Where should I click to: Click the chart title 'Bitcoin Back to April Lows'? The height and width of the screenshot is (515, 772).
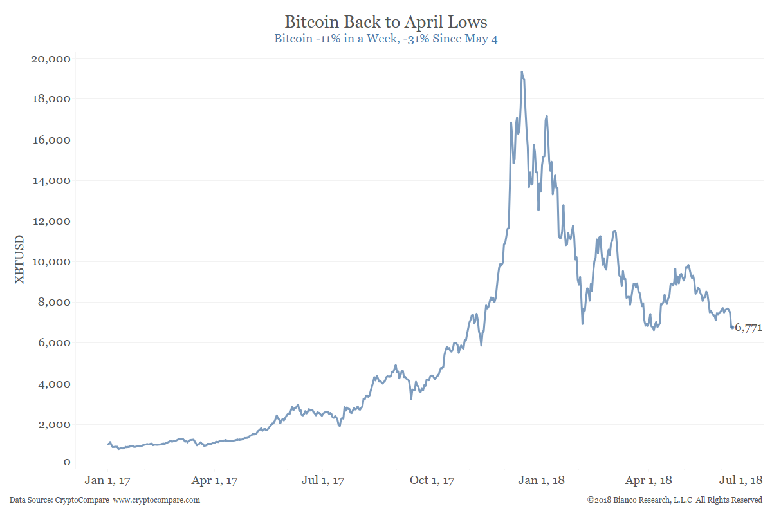(386, 22)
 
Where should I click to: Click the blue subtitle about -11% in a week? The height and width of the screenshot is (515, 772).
(386, 39)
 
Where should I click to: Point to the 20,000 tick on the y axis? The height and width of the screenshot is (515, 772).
(50, 59)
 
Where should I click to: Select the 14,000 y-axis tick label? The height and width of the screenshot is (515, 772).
(50, 181)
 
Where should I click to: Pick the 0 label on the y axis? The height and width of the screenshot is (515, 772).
(67, 462)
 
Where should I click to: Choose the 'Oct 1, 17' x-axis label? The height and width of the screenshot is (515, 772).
(433, 480)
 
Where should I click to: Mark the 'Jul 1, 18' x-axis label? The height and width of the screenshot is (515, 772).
(740, 480)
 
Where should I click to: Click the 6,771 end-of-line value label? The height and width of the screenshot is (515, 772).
(749, 328)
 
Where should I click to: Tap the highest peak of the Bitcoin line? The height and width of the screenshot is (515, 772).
(522, 72)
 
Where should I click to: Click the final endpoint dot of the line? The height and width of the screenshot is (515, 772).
(732, 328)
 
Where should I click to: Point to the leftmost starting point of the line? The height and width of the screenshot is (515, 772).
(107, 444)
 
